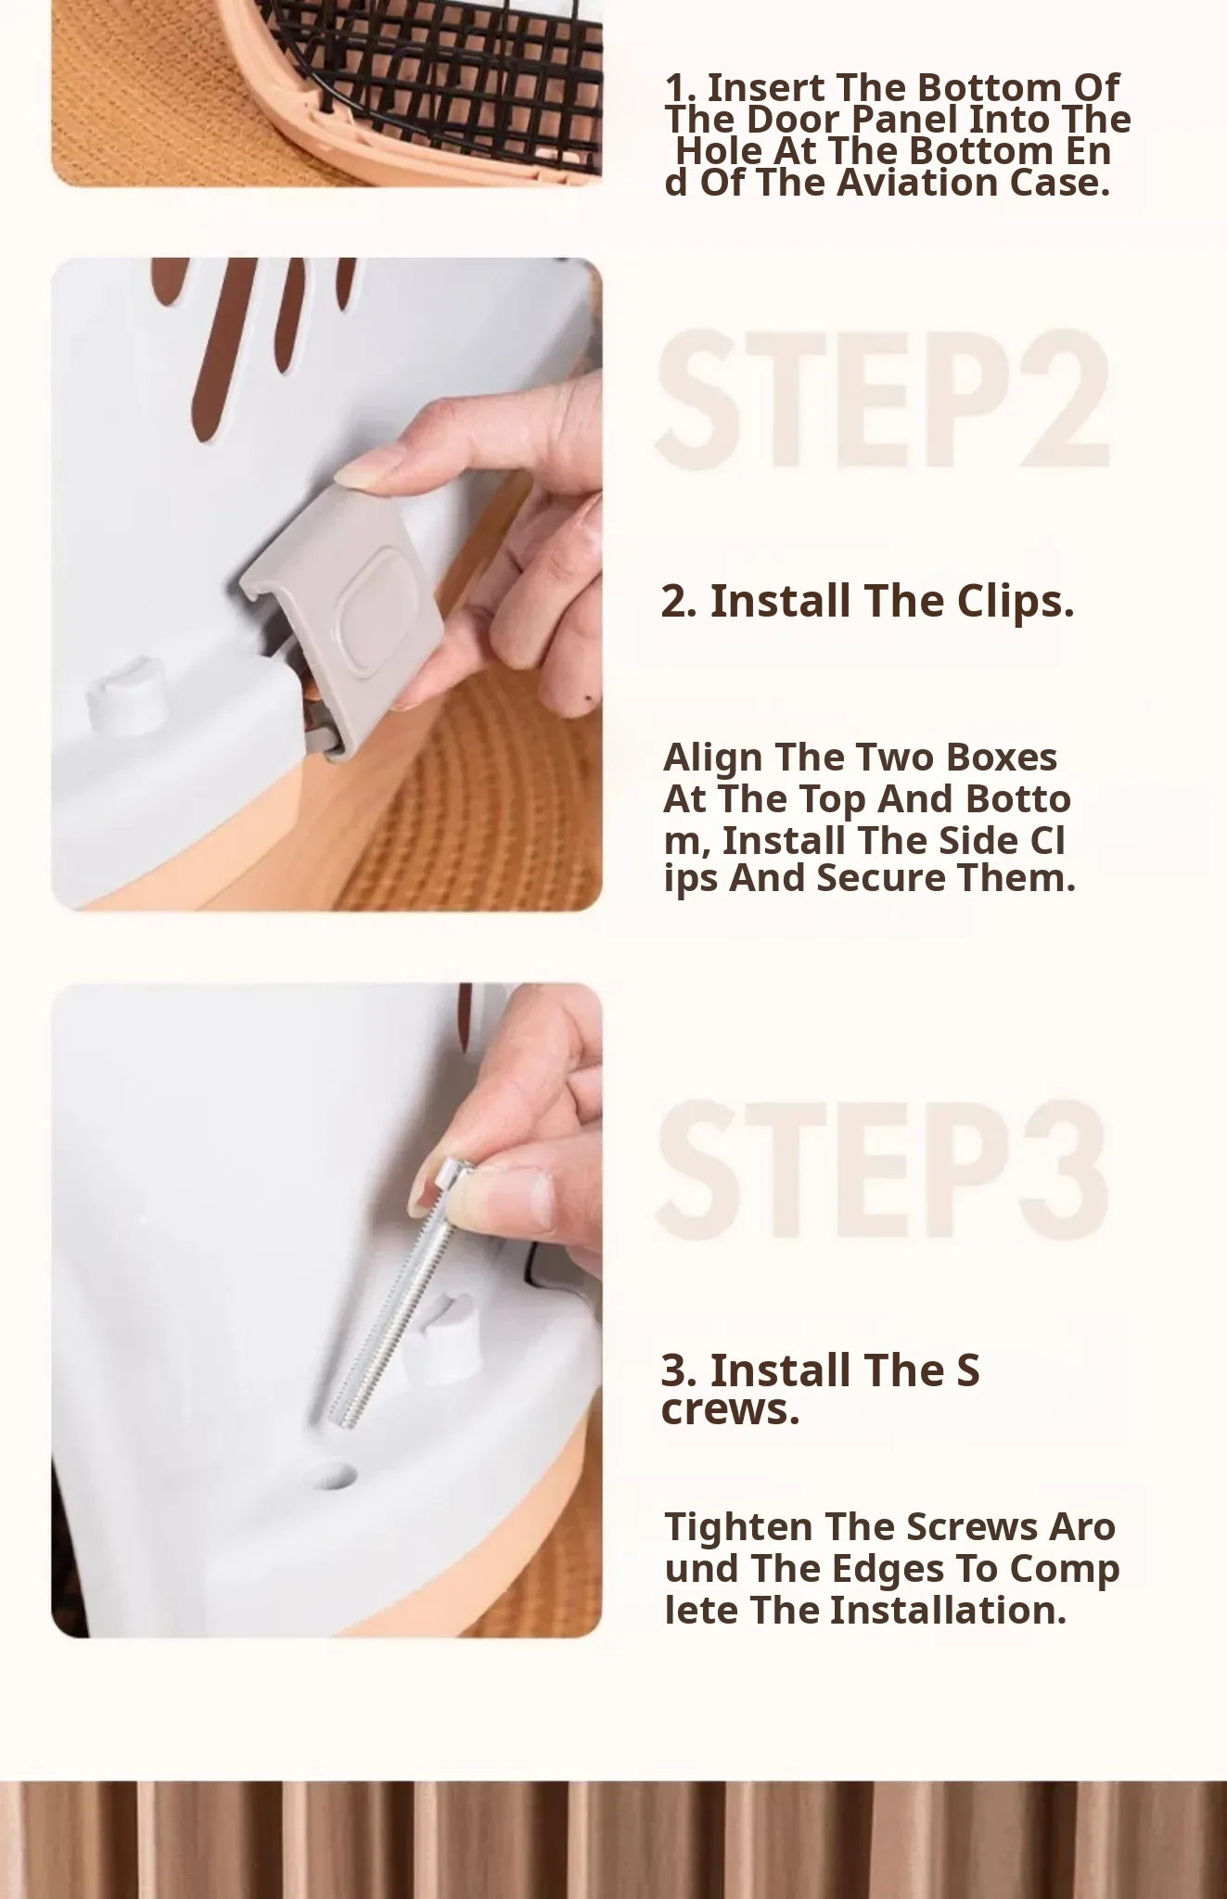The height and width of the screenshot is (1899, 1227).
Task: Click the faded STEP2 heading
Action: (x=884, y=399)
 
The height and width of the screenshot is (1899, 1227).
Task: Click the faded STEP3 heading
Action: (x=883, y=1170)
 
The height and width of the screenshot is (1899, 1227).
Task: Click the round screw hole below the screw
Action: (x=335, y=1475)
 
